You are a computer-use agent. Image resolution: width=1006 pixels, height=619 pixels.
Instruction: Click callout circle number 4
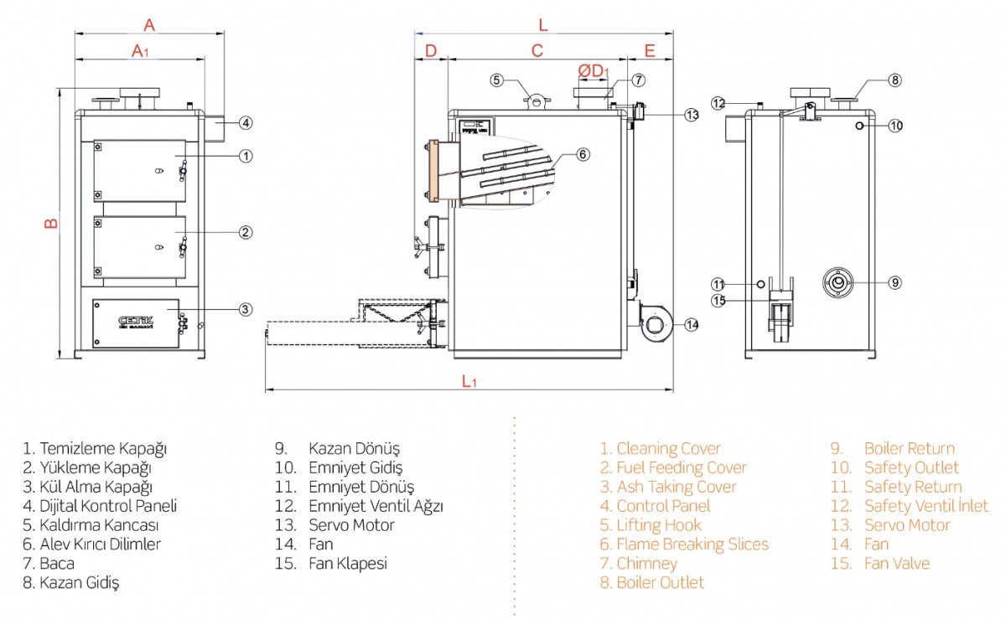click(246, 122)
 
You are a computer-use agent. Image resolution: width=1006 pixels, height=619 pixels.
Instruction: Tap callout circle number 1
click(246, 155)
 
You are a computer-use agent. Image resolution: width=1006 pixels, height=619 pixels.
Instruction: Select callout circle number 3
click(245, 309)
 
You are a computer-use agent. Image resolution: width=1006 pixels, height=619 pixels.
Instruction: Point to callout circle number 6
click(583, 154)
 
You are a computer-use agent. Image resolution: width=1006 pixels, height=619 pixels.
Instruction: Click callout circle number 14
click(691, 324)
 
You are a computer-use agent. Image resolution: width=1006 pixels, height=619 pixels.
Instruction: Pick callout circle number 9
click(895, 282)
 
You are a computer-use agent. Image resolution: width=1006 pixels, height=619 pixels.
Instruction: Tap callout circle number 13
click(691, 115)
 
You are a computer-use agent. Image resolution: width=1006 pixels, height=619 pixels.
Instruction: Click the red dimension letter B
click(50, 224)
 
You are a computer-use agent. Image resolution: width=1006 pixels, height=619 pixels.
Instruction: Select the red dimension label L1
click(469, 381)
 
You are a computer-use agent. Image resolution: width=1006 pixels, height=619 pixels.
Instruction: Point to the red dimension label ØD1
click(593, 70)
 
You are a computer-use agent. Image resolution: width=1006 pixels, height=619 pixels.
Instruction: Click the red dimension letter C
click(537, 50)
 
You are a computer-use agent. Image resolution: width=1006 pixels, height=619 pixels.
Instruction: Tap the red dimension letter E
click(650, 50)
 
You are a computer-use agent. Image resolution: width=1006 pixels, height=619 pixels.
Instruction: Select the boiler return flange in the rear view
click(837, 283)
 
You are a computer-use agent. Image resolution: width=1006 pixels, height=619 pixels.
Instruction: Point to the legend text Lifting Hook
click(659, 525)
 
